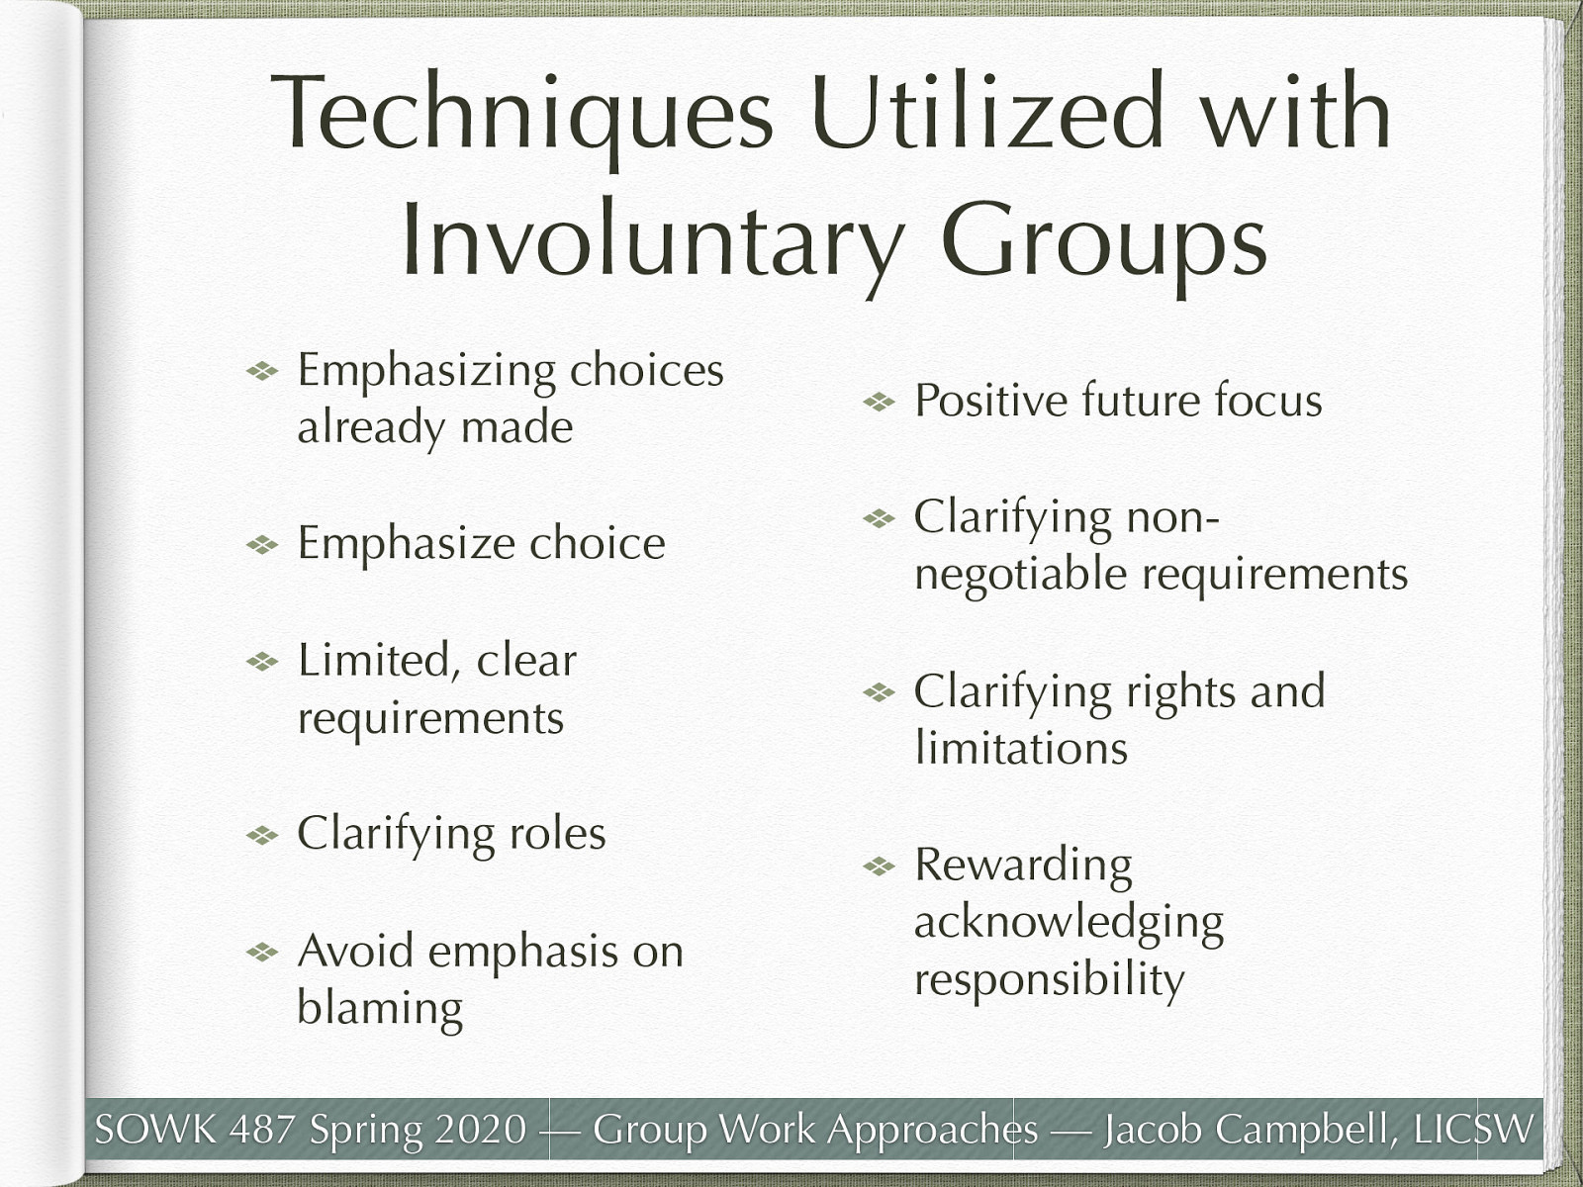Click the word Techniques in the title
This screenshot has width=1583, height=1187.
click(x=521, y=114)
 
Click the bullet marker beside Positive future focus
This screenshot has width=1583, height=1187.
click(x=878, y=403)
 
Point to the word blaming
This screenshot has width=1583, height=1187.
click(x=380, y=1009)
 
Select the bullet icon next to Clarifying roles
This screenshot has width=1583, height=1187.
click(x=262, y=836)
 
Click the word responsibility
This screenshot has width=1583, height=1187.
click(x=1049, y=979)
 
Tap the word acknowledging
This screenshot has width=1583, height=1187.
click(x=1069, y=922)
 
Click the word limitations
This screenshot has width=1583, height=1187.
click(x=1020, y=748)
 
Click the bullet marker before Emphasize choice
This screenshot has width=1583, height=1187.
click(x=262, y=545)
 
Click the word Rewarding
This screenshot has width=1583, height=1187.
click(x=1023, y=865)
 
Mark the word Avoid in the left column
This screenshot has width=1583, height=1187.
click(x=356, y=952)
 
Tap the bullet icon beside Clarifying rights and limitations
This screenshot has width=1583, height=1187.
click(x=878, y=692)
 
